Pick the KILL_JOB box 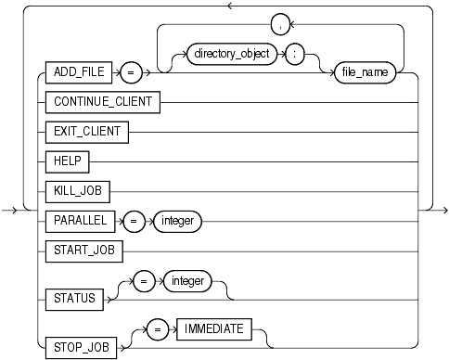click(x=77, y=191)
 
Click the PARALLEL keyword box click(x=78, y=222)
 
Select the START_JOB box click(x=83, y=252)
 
